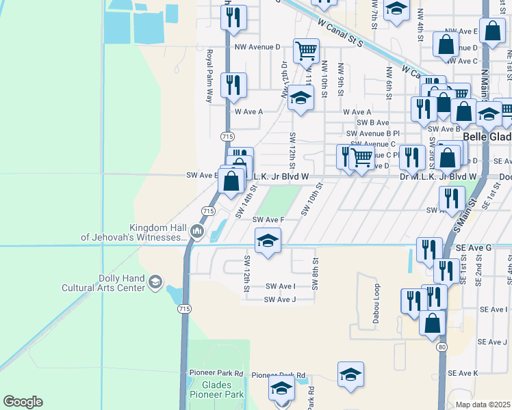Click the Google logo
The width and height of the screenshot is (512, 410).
coord(23,402)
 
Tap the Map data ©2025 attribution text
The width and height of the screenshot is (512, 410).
coord(483,405)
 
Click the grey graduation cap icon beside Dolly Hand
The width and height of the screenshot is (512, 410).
coord(155,282)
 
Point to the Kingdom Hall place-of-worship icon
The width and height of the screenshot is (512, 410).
coord(197,232)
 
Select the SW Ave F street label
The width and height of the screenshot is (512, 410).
coord(268,219)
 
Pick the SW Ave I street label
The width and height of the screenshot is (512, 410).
coord(280,286)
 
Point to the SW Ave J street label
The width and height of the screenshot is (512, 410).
coord(280,299)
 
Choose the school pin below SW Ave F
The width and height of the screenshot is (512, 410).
coord(268,241)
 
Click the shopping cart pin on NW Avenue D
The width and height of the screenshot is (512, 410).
coord(306,50)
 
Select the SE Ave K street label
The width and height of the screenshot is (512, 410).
coord(463,373)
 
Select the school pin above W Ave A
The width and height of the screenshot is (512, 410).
coord(300,98)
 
